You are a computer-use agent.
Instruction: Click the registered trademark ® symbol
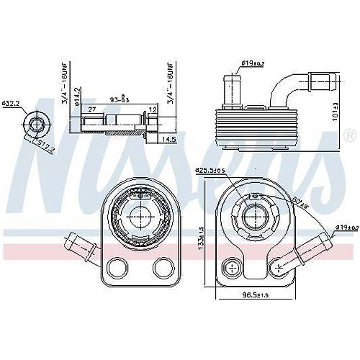point(350,135)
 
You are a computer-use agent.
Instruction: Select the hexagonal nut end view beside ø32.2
point(36,124)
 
